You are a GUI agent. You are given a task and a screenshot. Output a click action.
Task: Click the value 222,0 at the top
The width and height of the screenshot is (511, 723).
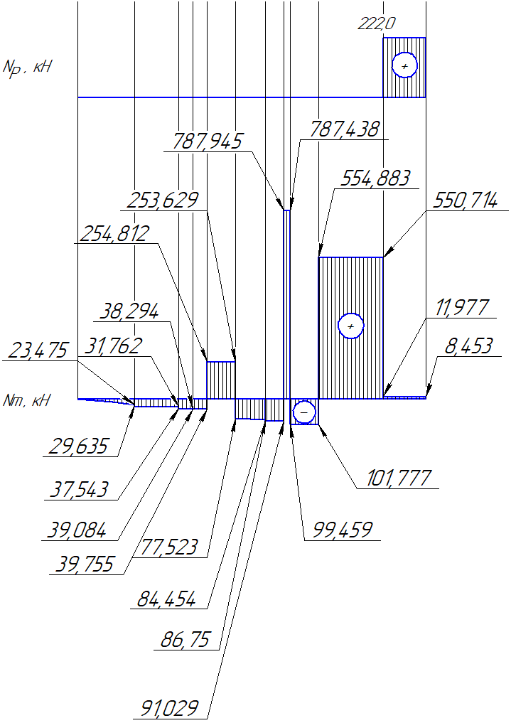point(377,23)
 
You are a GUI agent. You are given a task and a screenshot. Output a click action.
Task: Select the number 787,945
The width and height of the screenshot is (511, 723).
point(207,141)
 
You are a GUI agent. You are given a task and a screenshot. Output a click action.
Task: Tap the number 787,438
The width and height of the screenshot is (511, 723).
point(344,129)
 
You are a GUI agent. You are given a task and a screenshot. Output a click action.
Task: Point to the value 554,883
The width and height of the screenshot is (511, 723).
point(375,178)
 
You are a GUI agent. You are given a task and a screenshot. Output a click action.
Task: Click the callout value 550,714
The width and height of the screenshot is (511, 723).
point(465,201)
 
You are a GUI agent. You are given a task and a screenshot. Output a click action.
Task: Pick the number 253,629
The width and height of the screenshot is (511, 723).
point(163,200)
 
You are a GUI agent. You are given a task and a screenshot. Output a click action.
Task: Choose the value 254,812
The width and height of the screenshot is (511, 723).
point(114,234)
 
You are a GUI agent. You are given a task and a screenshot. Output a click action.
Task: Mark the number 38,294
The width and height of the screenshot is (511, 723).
point(129,311)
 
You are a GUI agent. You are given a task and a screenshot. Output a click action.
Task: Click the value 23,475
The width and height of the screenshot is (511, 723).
point(38,350)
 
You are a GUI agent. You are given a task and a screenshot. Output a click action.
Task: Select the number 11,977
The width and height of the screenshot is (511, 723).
point(461,308)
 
